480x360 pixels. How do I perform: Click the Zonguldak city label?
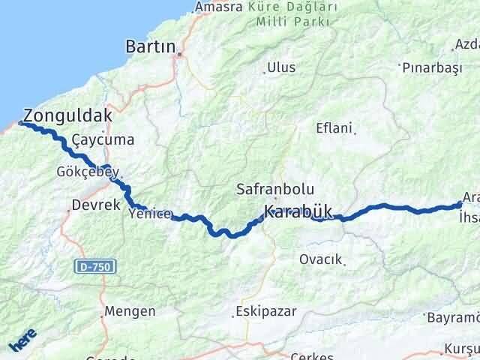[x=67, y=116]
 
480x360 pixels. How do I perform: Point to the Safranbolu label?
[x=274, y=189]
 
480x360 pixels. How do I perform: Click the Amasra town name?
[x=218, y=7]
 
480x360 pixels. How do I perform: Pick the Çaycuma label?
[x=103, y=140]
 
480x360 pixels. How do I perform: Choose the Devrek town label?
[x=95, y=204]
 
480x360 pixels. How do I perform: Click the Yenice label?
[x=150, y=214]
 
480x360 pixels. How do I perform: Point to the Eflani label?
[x=334, y=127]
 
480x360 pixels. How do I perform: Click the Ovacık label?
[x=320, y=259]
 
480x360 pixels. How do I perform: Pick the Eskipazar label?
[x=265, y=310]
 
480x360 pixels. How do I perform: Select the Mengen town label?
[x=130, y=310]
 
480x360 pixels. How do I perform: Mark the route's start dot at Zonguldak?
[x=20, y=124]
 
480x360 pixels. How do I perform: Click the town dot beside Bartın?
[x=178, y=53]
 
